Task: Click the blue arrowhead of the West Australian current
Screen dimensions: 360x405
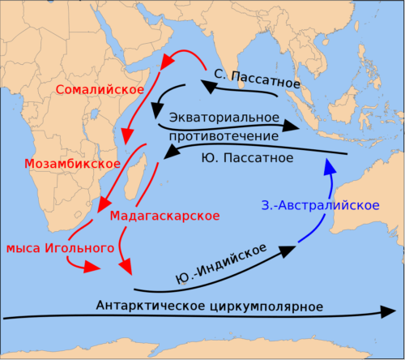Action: point(329,165)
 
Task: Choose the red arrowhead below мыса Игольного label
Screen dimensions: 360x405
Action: point(92,268)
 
